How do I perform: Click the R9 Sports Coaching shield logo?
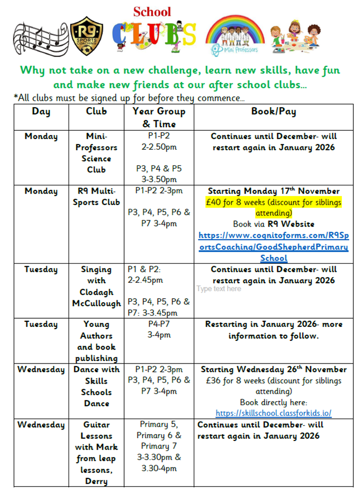tap(86, 36)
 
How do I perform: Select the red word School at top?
tap(152, 11)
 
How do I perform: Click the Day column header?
tap(41, 111)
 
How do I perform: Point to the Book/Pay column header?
tap(273, 111)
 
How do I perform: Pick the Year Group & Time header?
tap(159, 117)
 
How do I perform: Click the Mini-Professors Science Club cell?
tap(96, 153)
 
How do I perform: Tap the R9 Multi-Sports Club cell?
tap(96, 196)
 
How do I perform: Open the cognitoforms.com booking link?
tap(273, 247)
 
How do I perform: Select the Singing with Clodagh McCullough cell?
tap(96, 286)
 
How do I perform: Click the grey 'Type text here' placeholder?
tap(218, 289)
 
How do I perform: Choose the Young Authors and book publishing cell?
tap(96, 341)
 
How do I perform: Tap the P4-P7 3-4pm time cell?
tap(159, 330)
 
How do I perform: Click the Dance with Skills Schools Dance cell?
tap(96, 386)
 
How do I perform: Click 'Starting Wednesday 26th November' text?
tap(273, 370)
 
